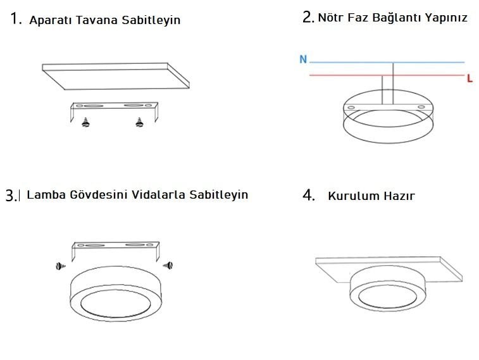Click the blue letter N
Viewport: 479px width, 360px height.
303,59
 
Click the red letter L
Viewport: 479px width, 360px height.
470,78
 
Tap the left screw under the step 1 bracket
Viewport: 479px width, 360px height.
86,122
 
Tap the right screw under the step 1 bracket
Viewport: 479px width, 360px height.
139,122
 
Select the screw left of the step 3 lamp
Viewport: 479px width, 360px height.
61,266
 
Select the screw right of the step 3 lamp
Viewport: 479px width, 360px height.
168,265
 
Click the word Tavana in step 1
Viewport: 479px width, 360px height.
97,20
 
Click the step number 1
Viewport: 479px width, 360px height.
16,18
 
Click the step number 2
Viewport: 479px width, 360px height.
308,17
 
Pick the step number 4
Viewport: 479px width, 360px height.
309,195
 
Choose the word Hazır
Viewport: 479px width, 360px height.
399,196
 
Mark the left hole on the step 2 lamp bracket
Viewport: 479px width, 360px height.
351,108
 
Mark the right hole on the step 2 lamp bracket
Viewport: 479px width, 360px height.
421,107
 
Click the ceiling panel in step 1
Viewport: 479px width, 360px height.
115,77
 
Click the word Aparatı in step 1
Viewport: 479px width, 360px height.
51,20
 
